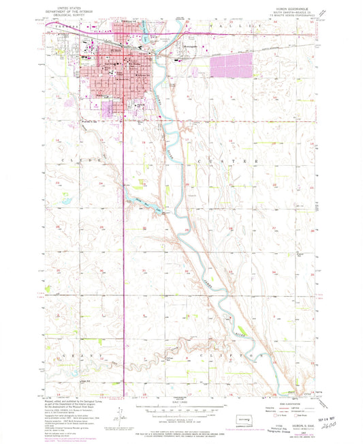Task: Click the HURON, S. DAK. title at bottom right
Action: point(291,423)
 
